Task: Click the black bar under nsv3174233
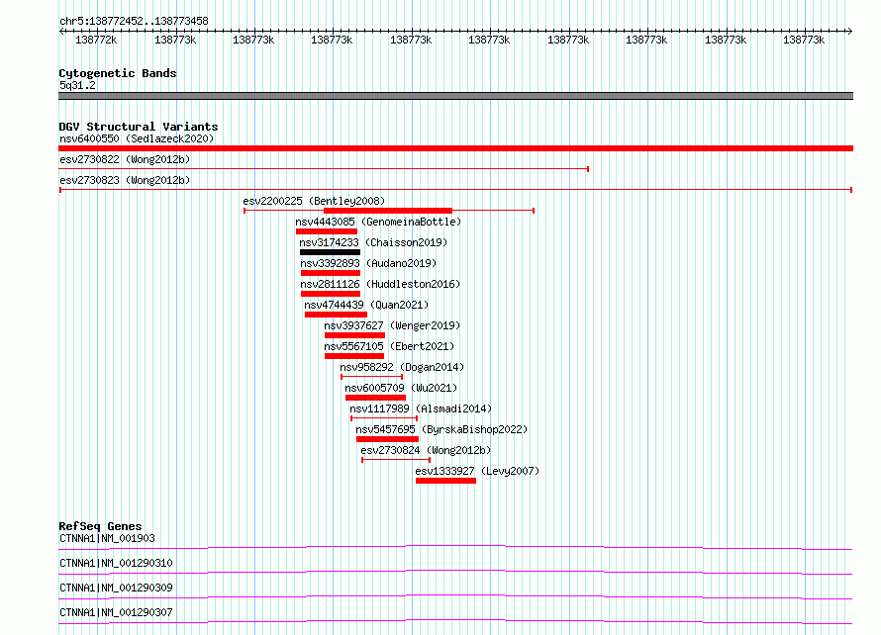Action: [330, 252]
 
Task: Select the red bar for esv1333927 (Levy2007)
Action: [445, 481]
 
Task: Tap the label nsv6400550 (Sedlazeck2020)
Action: [137, 138]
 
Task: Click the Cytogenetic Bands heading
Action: [118, 73]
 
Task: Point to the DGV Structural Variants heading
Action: [139, 127]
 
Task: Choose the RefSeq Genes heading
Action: [100, 526]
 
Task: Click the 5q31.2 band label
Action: [77, 85]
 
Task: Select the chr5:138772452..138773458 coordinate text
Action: [134, 21]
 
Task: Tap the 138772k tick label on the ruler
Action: [96, 40]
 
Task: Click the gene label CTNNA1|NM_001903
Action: [107, 538]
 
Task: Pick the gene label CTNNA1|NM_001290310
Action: [116, 563]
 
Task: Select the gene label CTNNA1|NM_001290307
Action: [116, 612]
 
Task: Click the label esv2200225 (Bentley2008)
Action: [314, 201]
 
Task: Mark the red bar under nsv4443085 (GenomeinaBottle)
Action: [327, 231]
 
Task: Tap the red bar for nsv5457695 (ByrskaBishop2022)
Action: [387, 439]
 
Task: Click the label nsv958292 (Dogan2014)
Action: [402, 367]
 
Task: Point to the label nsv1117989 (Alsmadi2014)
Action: [421, 408]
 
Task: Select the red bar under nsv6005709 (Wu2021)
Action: [375, 398]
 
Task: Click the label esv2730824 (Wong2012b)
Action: [426, 450]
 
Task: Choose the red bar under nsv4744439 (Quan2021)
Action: [336, 315]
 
